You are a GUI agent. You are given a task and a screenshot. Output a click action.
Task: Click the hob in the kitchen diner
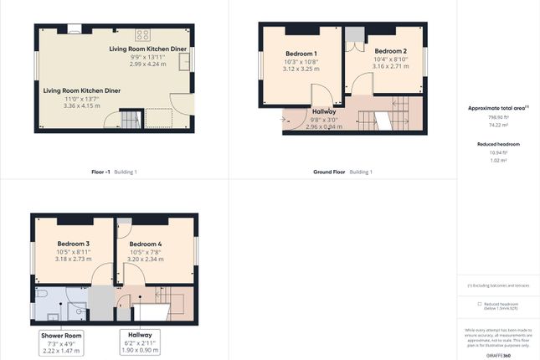142,35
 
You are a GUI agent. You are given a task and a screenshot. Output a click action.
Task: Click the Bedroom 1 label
301,52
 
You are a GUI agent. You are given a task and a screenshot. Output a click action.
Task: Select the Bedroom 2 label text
390,50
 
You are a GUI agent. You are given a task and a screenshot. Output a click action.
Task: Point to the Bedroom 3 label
74,244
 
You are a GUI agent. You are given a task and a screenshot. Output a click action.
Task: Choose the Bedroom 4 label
146,244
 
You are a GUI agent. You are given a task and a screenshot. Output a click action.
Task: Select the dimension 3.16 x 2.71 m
390,66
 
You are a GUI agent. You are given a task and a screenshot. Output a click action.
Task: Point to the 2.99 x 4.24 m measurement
148,64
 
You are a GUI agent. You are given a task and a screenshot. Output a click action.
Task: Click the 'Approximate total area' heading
497,108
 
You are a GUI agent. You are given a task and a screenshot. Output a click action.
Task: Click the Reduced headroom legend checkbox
479,304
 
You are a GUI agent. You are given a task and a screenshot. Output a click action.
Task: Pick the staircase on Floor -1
130,119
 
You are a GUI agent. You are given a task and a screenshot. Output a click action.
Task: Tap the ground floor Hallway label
324,111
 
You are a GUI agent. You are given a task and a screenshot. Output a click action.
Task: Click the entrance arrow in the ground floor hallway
290,119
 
